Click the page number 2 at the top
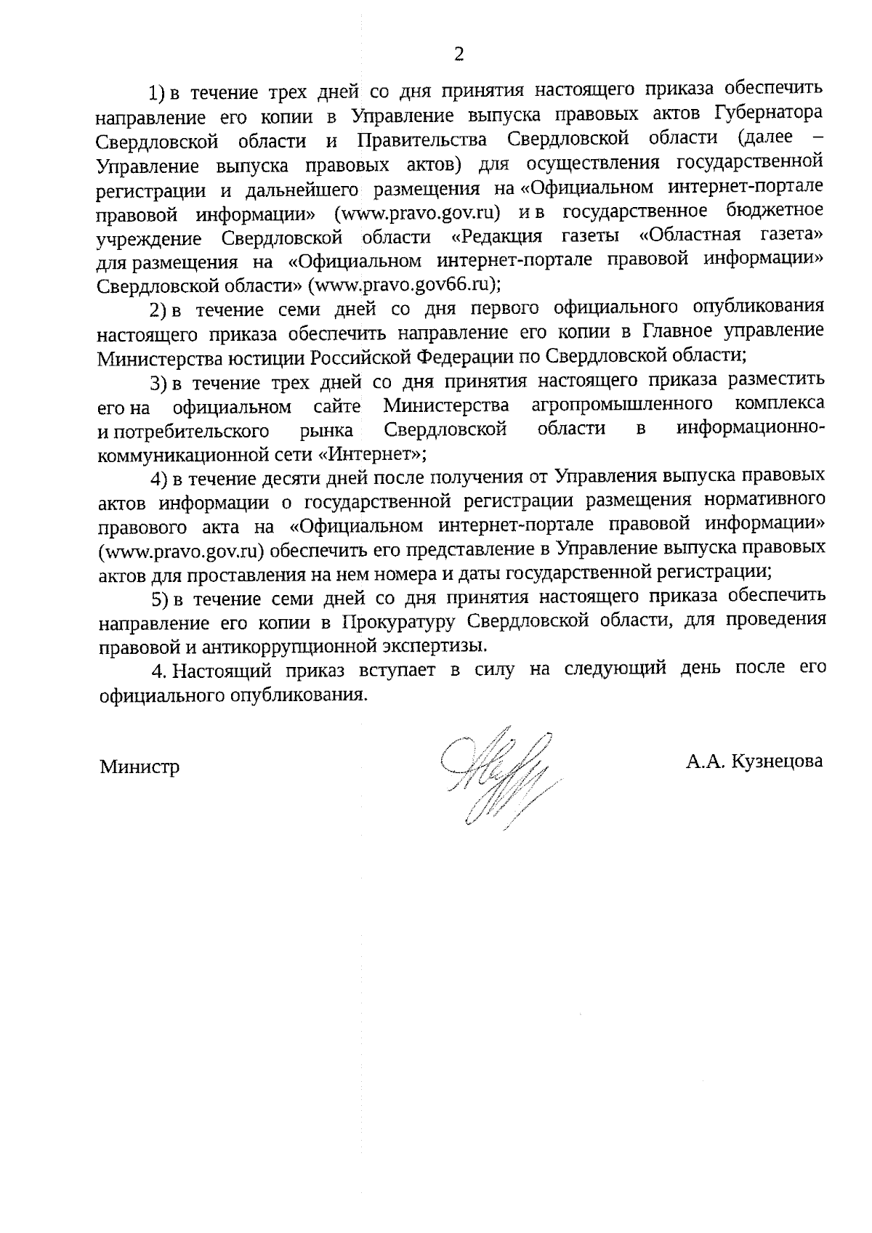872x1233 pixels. point(458,54)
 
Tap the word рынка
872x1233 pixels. point(327,430)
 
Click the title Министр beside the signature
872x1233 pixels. point(140,767)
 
